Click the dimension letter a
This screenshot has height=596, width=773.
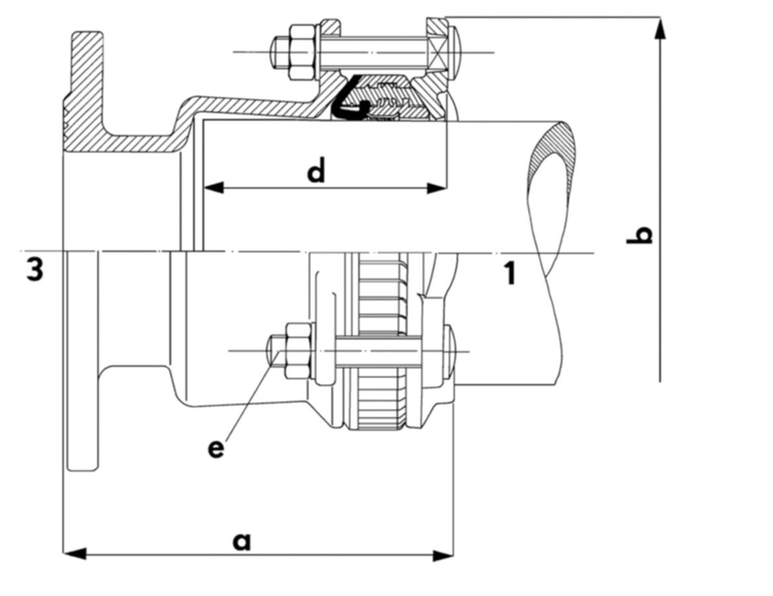tap(242, 541)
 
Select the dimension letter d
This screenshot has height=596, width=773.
tap(317, 172)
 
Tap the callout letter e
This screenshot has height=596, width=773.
tap(215, 448)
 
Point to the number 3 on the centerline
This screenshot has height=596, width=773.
tap(35, 270)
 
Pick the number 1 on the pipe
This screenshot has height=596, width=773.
tap(509, 273)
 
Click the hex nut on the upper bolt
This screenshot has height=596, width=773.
tap(301, 48)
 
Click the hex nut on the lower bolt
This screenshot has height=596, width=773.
tap(297, 350)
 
